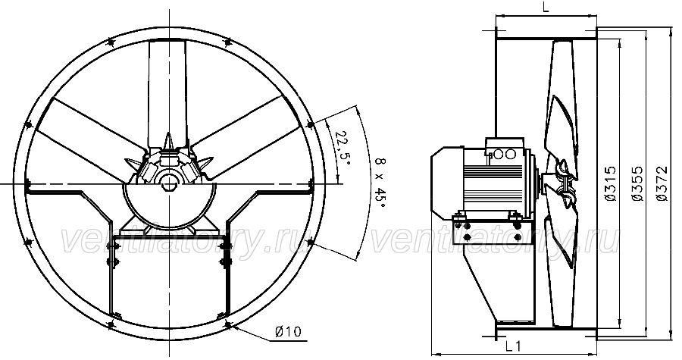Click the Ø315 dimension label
pos(611,183)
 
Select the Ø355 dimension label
pos(637,183)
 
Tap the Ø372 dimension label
pos(662,183)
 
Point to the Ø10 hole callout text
pos(288,332)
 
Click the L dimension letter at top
pos(546,8)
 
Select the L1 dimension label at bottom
pos(513,346)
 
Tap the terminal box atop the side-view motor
pos(505,149)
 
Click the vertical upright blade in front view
pos(168,93)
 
